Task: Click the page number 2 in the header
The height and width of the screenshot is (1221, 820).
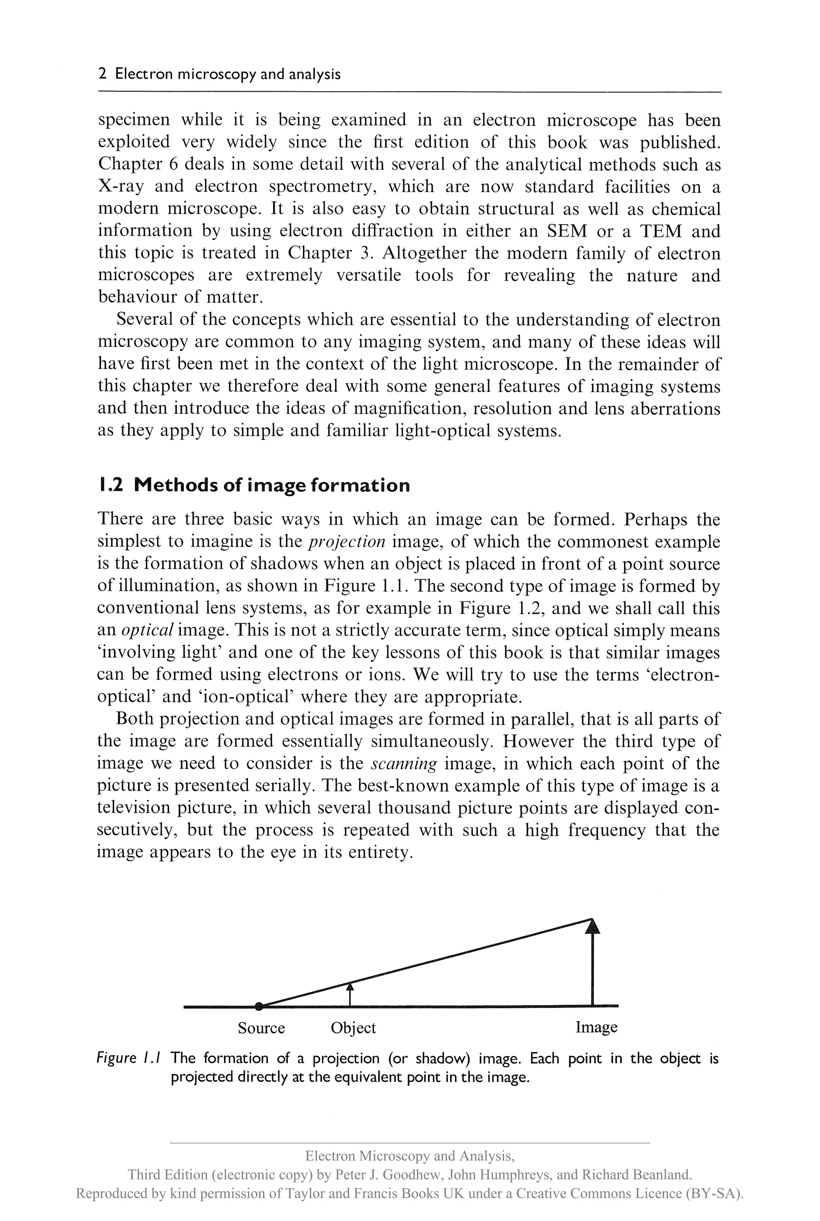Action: [102, 74]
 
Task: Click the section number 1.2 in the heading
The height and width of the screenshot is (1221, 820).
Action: [111, 485]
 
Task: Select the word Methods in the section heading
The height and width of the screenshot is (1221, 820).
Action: [176, 485]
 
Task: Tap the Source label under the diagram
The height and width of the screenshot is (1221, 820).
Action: [261, 1028]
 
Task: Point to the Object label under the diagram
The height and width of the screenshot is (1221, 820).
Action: [353, 1028]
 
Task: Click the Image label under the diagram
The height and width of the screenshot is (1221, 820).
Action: [596, 1027]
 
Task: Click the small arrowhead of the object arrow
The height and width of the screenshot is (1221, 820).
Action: [350, 986]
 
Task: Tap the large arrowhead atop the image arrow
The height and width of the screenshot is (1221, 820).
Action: [592, 926]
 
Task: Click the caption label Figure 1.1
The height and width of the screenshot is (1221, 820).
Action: [128, 1059]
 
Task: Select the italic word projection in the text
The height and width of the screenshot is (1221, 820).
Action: [347, 542]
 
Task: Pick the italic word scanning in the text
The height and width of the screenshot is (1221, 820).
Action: [403, 764]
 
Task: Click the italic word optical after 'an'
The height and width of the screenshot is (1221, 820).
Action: [147, 630]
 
